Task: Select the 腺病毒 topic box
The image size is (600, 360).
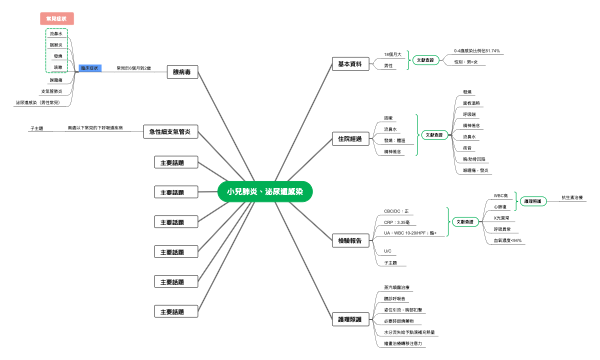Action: tap(183, 72)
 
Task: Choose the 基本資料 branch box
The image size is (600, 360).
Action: tap(350, 63)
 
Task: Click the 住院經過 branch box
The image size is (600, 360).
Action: tap(350, 139)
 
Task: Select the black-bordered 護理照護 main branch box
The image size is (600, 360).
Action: tap(350, 319)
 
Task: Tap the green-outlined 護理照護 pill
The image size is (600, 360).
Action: tap(532, 201)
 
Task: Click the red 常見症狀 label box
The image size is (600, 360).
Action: tap(57, 18)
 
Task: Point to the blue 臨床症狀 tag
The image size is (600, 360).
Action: tap(89, 68)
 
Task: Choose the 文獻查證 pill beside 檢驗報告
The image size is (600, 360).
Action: tap(464, 221)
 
